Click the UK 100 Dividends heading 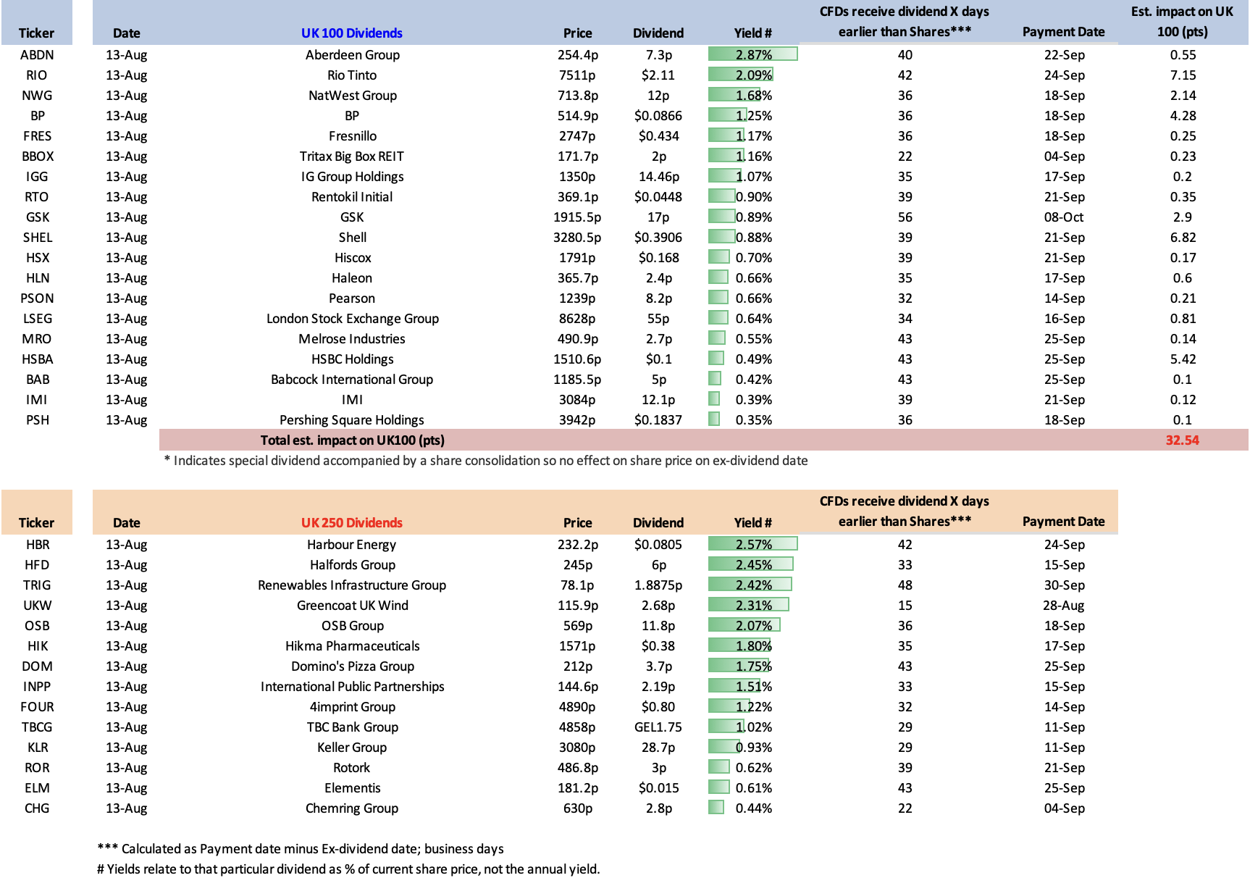tap(352, 33)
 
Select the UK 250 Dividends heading tap(352, 523)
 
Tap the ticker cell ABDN tap(37, 55)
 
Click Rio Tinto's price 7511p tap(577, 75)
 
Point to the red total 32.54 tap(1183, 440)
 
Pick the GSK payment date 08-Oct tap(1064, 217)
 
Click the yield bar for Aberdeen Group tap(752, 54)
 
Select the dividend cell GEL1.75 tap(658, 727)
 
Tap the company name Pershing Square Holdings tap(352, 420)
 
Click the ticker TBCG tap(37, 727)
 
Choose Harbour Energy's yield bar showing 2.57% tap(752, 544)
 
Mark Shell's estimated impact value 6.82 tap(1183, 238)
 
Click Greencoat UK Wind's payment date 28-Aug tap(1064, 606)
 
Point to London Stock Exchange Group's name tap(353, 319)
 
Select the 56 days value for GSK tap(905, 217)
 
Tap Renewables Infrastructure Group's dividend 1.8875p tap(658, 585)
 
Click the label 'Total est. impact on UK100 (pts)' tap(353, 440)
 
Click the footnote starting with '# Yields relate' tap(348, 869)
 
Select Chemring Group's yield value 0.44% tap(754, 808)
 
